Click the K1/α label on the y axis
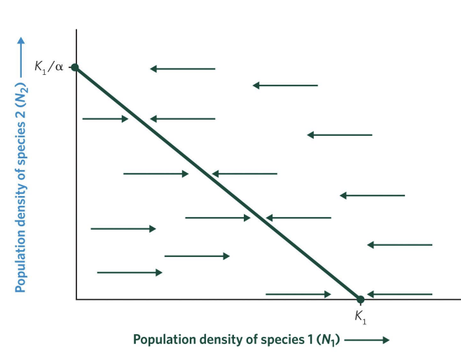[x=48, y=68]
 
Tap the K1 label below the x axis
[x=360, y=317]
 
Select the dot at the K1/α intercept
[x=75, y=68]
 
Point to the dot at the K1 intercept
[x=360, y=300]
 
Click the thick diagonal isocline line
[x=217, y=184]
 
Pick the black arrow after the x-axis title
[x=366, y=340]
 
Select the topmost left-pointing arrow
[x=182, y=69]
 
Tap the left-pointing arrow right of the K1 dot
[x=399, y=294]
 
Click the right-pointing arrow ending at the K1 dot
[x=298, y=294]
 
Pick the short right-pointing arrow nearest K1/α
[x=105, y=119]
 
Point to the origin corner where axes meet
[x=76, y=300]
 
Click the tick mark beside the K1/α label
[x=70, y=68]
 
